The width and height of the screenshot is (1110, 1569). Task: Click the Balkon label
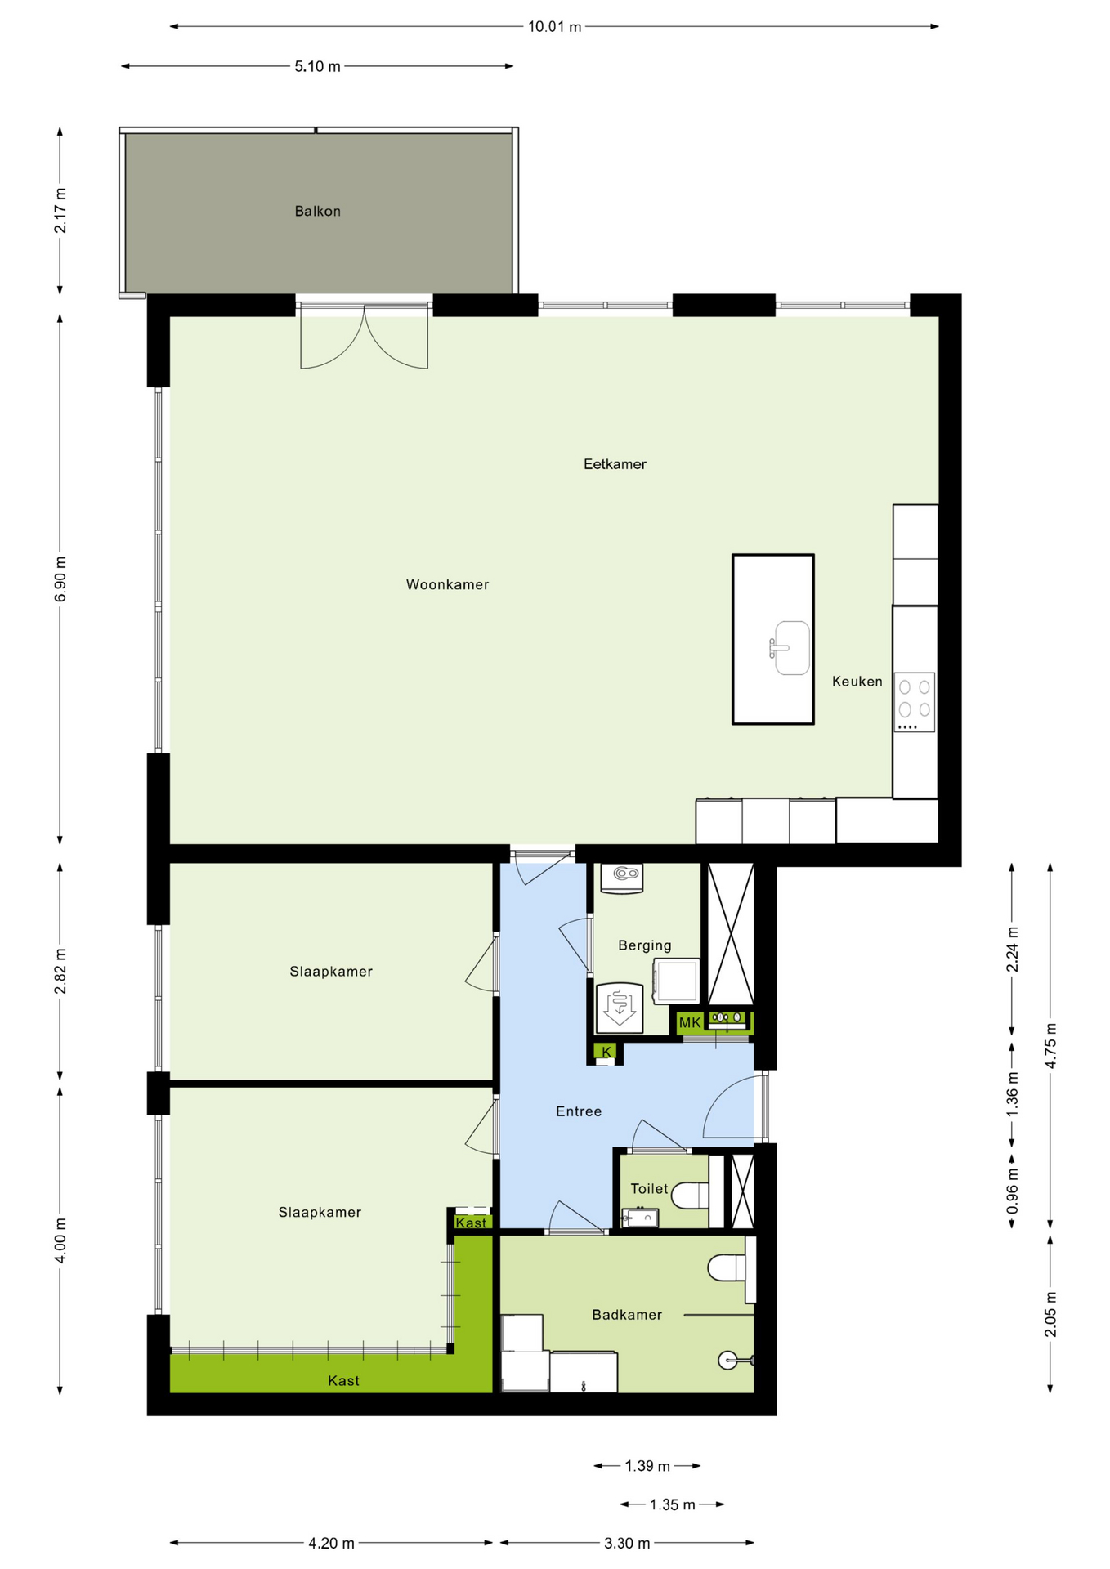(x=317, y=211)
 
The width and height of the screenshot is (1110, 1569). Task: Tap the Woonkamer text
(x=447, y=584)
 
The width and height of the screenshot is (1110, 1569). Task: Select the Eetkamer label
(x=615, y=464)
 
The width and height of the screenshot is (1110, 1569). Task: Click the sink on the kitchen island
(x=790, y=648)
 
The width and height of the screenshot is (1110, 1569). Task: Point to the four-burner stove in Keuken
(x=915, y=702)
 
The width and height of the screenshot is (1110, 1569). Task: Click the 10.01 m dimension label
(x=555, y=27)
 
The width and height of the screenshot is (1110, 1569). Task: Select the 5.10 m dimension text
(x=318, y=67)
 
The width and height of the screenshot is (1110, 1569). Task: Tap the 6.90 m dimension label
(x=60, y=579)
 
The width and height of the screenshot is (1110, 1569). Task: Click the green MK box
(x=690, y=1022)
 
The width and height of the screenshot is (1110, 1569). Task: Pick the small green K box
(x=606, y=1052)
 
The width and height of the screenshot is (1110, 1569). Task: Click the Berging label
(x=645, y=945)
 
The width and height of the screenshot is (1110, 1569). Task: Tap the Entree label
(x=579, y=1111)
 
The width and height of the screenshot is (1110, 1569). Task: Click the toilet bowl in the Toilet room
(x=691, y=1196)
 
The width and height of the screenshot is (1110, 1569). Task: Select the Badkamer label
(x=627, y=1315)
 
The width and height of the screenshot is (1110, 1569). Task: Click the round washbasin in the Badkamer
(x=729, y=1360)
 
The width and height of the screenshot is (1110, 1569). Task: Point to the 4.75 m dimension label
(x=1051, y=1045)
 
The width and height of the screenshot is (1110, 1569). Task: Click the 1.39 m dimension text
(x=647, y=1466)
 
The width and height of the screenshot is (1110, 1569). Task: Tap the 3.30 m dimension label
(x=627, y=1544)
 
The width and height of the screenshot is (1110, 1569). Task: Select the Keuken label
(x=857, y=682)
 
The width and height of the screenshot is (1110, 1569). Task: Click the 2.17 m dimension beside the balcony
(x=60, y=210)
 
